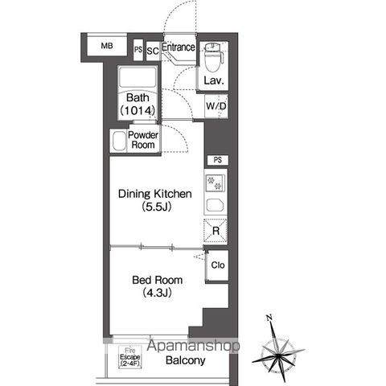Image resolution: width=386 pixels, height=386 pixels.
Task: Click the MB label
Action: click(107, 46)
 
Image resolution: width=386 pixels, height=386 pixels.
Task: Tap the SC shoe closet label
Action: click(153, 51)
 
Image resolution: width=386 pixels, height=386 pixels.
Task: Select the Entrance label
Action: click(179, 47)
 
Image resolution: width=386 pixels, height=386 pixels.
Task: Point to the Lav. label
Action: click(214, 80)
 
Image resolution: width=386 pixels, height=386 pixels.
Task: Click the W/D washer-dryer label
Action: click(216, 106)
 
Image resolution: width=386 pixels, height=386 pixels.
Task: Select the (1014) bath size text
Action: click(138, 110)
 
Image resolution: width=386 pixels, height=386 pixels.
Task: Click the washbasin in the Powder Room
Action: click(119, 141)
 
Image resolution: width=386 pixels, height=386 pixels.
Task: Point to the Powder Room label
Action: click(143, 140)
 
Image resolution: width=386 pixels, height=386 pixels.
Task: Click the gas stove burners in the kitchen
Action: click(215, 183)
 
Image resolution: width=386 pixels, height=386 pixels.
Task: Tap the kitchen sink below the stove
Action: click(215, 205)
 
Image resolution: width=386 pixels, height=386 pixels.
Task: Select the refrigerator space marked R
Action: click(216, 231)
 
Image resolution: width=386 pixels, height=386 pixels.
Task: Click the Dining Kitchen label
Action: click(155, 194)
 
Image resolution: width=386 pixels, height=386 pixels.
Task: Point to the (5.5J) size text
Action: click(157, 207)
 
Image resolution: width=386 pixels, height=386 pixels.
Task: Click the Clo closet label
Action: click(218, 265)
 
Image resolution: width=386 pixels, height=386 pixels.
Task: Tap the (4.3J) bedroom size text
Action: click(157, 293)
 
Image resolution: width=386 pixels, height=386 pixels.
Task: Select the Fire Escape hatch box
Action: click(130, 357)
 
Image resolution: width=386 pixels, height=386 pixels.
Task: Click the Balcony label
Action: click(186, 360)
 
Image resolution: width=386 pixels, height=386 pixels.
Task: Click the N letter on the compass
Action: click(269, 318)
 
